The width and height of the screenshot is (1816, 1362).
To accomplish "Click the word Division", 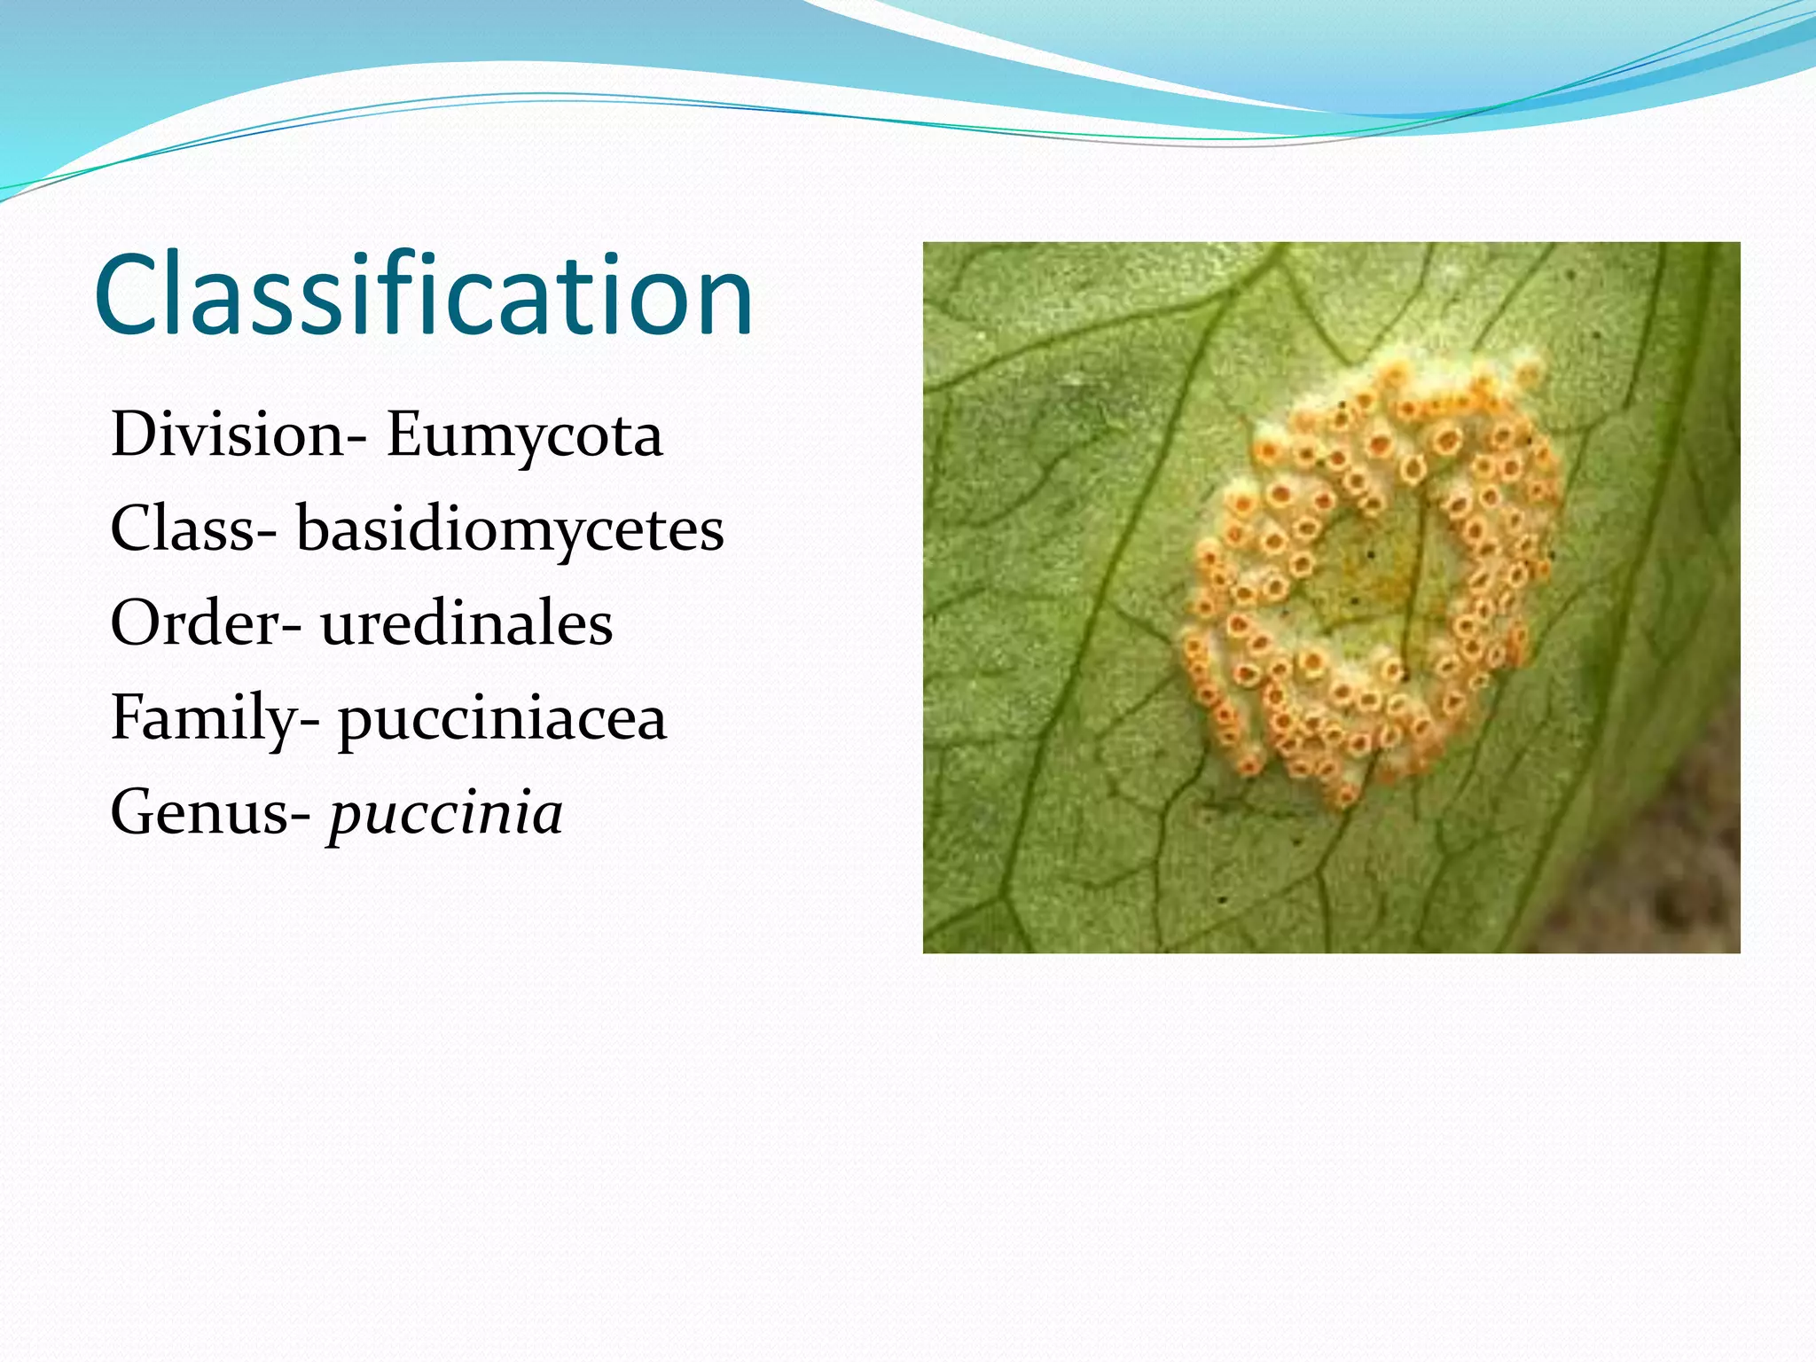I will coord(226,435).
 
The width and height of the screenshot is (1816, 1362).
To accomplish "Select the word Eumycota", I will coord(524,435).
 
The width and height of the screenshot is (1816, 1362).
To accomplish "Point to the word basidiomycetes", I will coord(510,529).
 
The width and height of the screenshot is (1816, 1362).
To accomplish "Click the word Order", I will coord(195,623).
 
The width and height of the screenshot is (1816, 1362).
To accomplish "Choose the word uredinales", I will coord(466,623).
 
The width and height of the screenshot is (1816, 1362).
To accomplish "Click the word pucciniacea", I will coord(502,719).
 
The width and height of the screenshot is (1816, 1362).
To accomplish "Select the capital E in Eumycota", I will coord(406,435).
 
